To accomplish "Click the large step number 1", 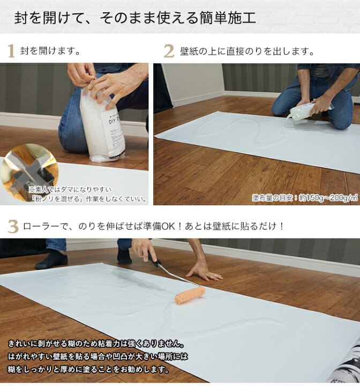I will pyautogui.click(x=11, y=51).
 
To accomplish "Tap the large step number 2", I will pyautogui.click(x=169, y=51).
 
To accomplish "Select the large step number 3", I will pyautogui.click(x=12, y=226).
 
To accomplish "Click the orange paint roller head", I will pyautogui.click(x=190, y=294).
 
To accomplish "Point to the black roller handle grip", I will pyautogui.click(x=157, y=263).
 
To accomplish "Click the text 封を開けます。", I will pyautogui.click(x=50, y=52).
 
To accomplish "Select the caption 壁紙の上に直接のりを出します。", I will pyautogui.click(x=247, y=52).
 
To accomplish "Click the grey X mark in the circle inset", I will pyautogui.click(x=29, y=167).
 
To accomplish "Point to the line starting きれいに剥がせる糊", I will pyautogui.click(x=96, y=344).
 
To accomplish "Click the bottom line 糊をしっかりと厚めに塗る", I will pyautogui.click(x=88, y=369).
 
